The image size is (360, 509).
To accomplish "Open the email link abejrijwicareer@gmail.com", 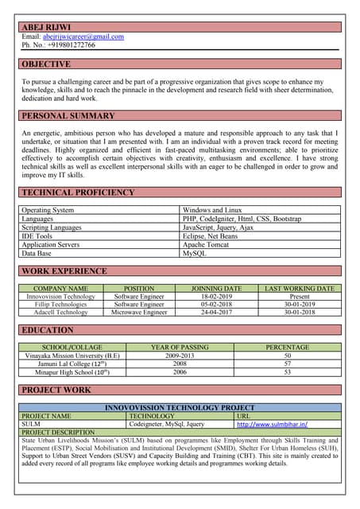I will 83,37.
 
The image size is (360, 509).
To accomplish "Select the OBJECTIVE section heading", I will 46,64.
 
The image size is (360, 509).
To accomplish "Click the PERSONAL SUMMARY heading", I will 68,116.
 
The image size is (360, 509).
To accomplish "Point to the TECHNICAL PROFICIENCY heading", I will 78,192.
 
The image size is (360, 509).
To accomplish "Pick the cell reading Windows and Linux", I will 212,210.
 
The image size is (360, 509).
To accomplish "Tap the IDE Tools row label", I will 37,236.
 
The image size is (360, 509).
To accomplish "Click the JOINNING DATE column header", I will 217,289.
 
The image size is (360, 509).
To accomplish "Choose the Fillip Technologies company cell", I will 60,305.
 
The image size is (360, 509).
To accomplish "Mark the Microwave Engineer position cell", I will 139,313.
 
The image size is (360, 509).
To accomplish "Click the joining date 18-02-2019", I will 217,297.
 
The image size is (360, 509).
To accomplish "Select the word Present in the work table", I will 300,297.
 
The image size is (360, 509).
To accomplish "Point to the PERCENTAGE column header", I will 288,348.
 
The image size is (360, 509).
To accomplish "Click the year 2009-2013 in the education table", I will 180,356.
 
